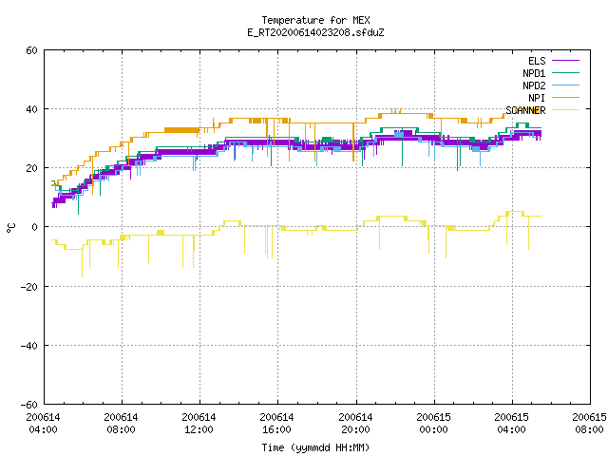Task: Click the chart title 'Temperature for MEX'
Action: [x=315, y=20]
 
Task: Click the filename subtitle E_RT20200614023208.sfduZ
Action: [x=315, y=32]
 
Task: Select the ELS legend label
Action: [x=537, y=61]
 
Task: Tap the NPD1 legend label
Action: [x=534, y=73]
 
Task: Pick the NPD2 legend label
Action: [x=534, y=85]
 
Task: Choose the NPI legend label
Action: [x=537, y=98]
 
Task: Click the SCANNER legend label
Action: [x=525, y=110]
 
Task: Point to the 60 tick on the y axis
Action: [x=31, y=50]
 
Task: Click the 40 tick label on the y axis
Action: [x=31, y=109]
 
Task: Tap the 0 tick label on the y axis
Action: [x=35, y=227]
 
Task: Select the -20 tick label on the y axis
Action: [x=29, y=287]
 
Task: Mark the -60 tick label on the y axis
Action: [x=29, y=405]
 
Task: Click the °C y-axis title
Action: [x=10, y=228]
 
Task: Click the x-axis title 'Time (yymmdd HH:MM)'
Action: [x=315, y=447]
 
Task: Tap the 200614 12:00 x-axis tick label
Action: [x=199, y=424]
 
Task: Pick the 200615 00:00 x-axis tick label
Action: [x=433, y=424]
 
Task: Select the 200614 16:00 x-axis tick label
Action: [x=276, y=424]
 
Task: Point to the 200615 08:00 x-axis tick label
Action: [x=589, y=424]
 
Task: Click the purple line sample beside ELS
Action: [x=566, y=61]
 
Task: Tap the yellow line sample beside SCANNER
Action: [x=566, y=110]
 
